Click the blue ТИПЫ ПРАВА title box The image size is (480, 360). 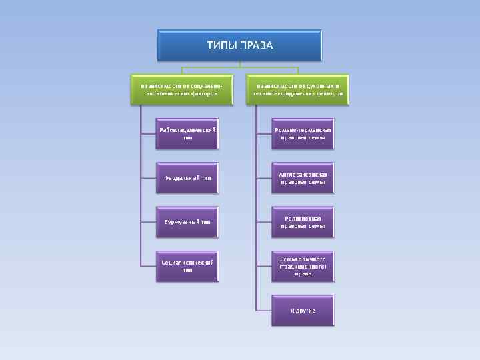tap(239, 45)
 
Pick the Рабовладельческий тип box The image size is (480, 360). tap(187, 133)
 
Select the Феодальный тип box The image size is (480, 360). tap(187, 177)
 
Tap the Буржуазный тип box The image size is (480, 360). tap(187, 222)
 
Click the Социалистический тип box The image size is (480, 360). tap(187, 266)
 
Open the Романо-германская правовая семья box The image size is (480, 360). tap(303, 133)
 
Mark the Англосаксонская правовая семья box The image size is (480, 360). tap(303, 177)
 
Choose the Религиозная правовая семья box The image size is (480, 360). tap(303, 222)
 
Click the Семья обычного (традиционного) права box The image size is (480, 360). tap(303, 266)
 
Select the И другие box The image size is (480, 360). tap(303, 311)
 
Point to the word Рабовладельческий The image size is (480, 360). tap(187, 129)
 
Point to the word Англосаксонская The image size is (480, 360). tap(303, 173)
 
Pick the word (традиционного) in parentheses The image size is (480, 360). tap(303, 266)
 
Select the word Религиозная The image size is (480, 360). tap(303, 218)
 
